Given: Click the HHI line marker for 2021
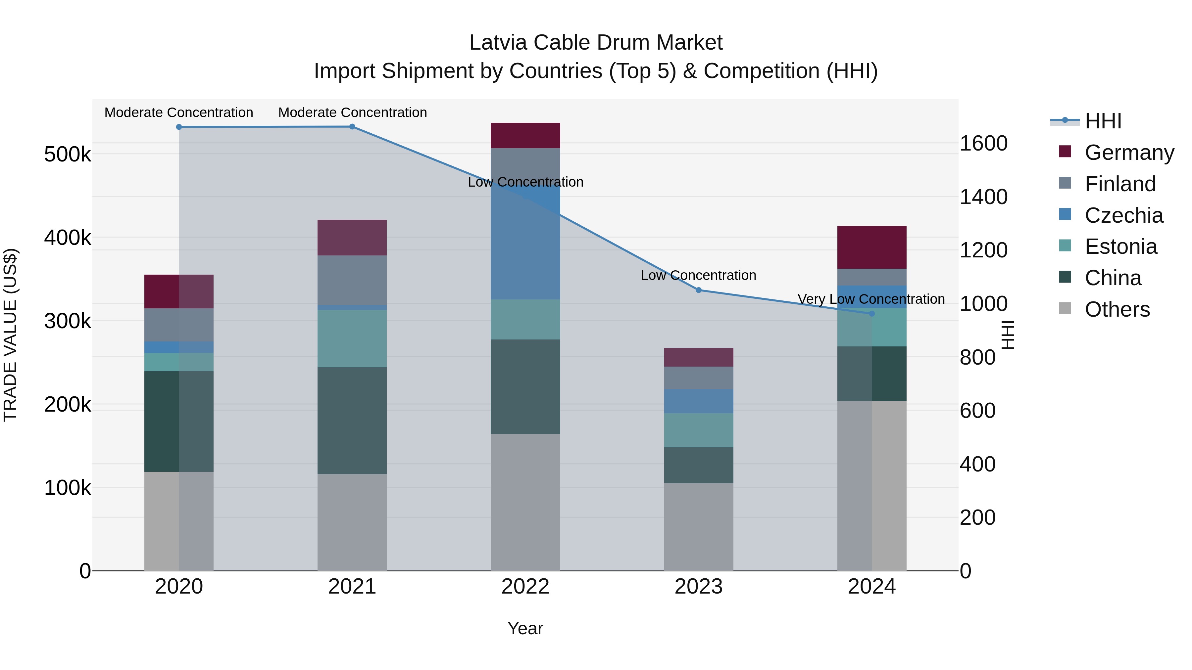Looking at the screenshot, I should pyautogui.click(x=352, y=127).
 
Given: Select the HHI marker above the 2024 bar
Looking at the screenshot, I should pyautogui.click(x=872, y=314).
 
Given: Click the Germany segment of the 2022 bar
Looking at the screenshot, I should pyautogui.click(x=525, y=135).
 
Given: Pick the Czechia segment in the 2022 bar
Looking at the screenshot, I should pyautogui.click(x=525, y=241).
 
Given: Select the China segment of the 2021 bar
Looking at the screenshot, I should pyautogui.click(x=352, y=421).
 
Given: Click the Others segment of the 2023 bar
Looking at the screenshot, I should pyautogui.click(x=699, y=527).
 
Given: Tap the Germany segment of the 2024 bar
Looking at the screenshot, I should pyautogui.click(x=872, y=247).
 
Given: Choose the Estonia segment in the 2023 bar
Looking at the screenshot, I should pyautogui.click(x=699, y=430).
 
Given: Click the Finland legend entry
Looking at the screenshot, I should pyautogui.click(x=1120, y=184).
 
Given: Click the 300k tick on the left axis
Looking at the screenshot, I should pyautogui.click(x=68, y=321).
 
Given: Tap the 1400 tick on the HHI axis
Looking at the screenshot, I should pyautogui.click(x=983, y=197).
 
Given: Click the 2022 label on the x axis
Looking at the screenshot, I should pyautogui.click(x=525, y=587).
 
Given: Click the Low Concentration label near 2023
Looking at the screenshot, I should pyautogui.click(x=698, y=276).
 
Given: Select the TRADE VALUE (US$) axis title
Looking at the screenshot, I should pyautogui.click(x=11, y=335).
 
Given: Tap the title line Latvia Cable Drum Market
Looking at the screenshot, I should pyautogui.click(x=596, y=43).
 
